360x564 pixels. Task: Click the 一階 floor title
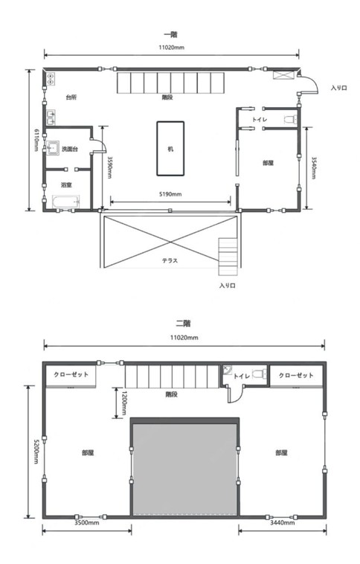[x=171, y=35]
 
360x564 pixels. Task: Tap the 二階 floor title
[x=183, y=324]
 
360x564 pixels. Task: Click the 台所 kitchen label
[x=71, y=97]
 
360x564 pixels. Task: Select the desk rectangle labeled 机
[x=170, y=149]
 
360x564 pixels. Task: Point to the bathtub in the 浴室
[x=65, y=202]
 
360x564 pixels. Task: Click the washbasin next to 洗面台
[x=53, y=148]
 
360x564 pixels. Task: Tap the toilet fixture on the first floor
[x=290, y=119]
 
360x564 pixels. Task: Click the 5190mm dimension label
[x=170, y=194]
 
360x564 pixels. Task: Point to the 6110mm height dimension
[x=36, y=140]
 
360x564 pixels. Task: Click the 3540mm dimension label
[x=314, y=168]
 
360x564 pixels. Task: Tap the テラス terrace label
[x=170, y=260]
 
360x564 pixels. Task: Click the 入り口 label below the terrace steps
[x=228, y=286]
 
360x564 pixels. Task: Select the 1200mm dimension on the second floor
[x=124, y=403]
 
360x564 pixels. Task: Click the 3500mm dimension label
[x=87, y=522]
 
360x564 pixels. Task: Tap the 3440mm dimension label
[x=283, y=522]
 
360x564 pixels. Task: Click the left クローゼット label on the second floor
[x=71, y=374]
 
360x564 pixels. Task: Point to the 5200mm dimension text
[x=36, y=452]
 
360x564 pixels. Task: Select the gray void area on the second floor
[x=185, y=470]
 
